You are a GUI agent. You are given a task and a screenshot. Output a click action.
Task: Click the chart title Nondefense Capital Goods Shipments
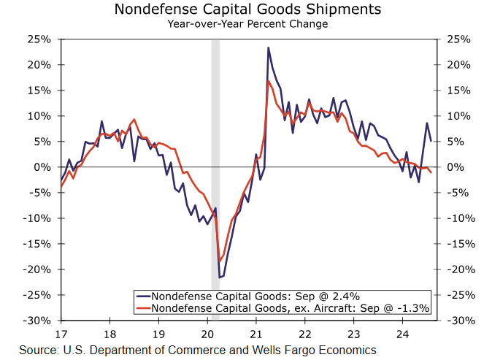coord(247,9)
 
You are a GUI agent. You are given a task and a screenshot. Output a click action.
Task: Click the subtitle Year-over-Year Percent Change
coord(247,23)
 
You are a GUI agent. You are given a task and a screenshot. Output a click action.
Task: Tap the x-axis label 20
coord(208,335)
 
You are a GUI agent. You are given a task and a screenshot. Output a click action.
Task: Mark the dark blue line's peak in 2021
coord(268,48)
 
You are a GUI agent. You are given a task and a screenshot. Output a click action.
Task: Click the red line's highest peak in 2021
coord(269,80)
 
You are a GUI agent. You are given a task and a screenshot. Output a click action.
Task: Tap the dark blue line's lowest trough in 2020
coord(220,277)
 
